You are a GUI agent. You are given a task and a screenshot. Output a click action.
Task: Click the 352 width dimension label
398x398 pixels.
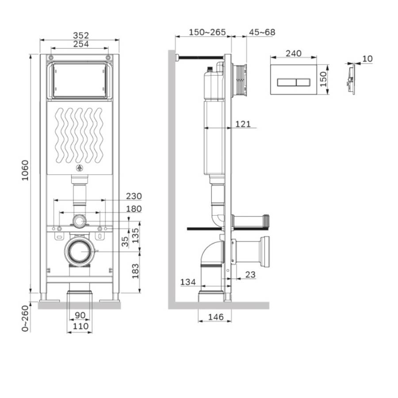point(80,35)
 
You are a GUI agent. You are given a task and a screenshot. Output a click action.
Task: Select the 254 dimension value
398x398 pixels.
point(80,44)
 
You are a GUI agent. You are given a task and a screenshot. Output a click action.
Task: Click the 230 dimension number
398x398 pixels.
point(133,196)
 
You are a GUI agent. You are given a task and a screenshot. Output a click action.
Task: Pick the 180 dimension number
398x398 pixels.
point(133,209)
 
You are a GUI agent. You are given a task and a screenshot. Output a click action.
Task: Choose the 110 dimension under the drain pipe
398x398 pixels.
point(80,326)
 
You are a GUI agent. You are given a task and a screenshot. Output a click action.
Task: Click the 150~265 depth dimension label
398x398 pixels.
point(207,32)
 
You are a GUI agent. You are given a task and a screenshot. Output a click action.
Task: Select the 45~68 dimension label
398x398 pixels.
point(262,32)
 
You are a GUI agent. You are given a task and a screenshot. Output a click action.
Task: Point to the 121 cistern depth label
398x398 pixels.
point(242,125)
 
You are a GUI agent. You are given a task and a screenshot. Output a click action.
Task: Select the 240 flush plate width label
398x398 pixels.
point(293,54)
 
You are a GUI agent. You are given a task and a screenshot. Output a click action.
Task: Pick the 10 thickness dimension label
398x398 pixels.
point(367,59)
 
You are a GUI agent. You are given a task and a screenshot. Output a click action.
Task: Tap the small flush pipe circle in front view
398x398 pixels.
point(80,221)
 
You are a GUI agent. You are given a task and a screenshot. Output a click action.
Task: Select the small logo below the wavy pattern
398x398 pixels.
point(80,168)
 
